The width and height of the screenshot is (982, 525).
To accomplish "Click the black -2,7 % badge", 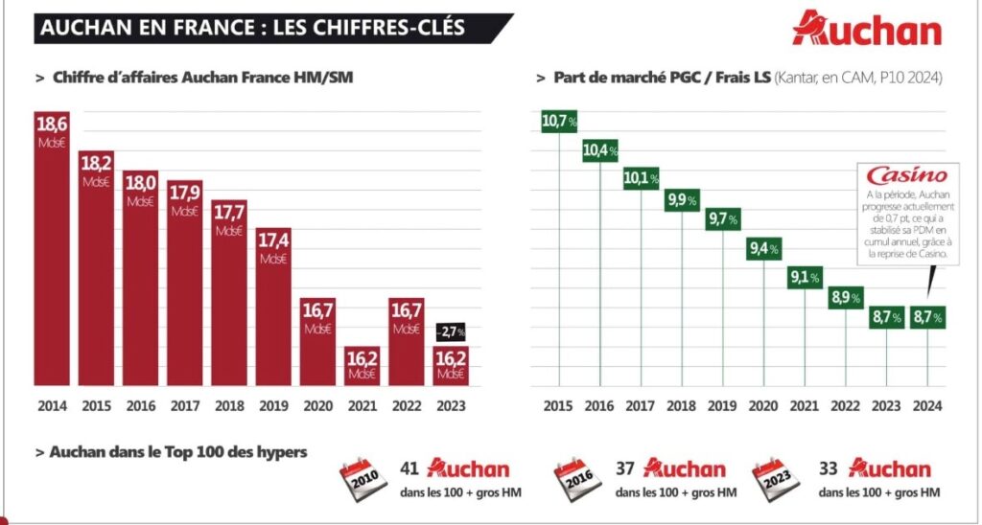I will click(451, 331).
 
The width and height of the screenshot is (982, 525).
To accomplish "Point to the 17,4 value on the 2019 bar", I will click(273, 238).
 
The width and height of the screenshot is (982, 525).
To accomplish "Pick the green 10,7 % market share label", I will click(559, 121).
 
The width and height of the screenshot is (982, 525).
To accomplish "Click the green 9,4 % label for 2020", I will click(763, 250).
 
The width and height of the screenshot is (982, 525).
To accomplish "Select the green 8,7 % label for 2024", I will click(927, 317).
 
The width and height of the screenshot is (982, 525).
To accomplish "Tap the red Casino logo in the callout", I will click(906, 175).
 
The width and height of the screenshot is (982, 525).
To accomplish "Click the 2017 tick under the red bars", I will click(184, 405).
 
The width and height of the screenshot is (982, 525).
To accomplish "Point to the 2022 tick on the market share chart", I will click(845, 405).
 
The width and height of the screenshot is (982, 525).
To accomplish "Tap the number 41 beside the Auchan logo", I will click(410, 469).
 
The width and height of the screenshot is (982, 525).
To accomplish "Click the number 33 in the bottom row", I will click(830, 469).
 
